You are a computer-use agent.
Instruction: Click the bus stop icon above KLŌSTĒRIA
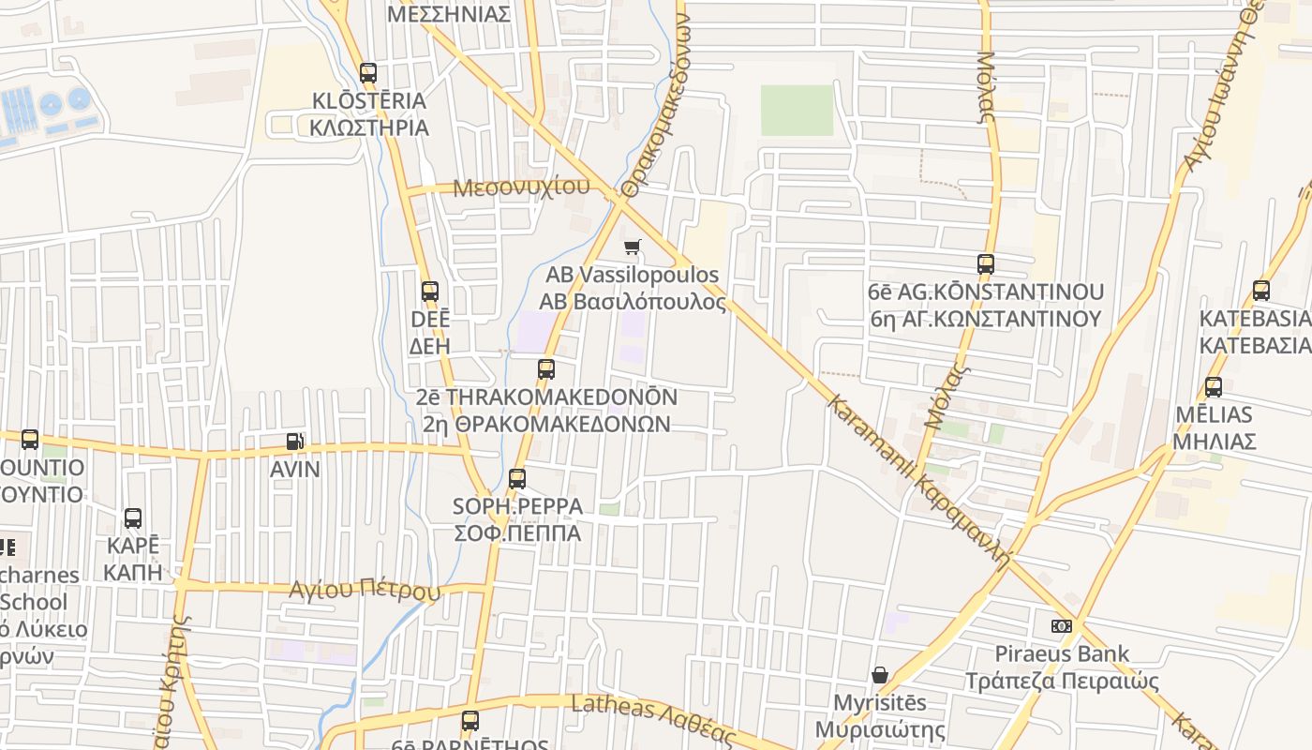[368, 72]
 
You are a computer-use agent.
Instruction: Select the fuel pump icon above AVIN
[294, 442]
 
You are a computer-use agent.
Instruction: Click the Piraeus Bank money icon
[1061, 625]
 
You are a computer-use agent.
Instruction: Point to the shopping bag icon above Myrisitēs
[880, 675]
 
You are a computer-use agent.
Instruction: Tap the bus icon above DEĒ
[430, 292]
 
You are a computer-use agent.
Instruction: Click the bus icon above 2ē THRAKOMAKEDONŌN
[546, 369]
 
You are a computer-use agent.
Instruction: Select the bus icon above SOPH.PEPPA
[517, 479]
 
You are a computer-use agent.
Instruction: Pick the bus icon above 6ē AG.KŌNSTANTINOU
[986, 264]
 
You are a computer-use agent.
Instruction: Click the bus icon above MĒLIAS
[1214, 386]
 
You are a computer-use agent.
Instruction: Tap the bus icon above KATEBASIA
[1261, 291]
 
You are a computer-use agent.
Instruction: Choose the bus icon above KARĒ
[133, 518]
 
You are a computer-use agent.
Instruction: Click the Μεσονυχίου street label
[521, 187]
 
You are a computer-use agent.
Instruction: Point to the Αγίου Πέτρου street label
[365, 591]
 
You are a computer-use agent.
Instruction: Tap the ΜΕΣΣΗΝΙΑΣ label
[449, 14]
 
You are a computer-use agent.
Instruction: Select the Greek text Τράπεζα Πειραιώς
[1063, 682]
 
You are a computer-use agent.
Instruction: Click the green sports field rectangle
[797, 111]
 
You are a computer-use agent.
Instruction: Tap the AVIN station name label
[295, 469]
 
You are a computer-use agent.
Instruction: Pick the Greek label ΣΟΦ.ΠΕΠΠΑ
[517, 533]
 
